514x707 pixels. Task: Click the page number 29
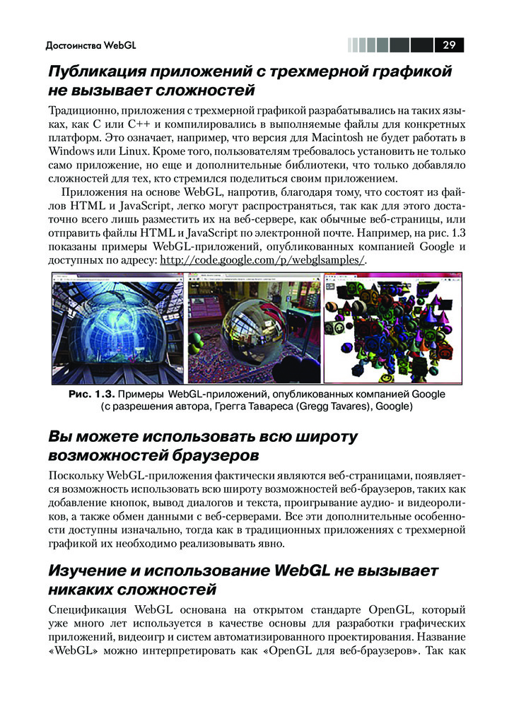coord(449,46)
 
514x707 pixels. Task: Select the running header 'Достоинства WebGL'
coord(90,47)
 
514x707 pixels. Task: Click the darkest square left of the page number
coord(422,46)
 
